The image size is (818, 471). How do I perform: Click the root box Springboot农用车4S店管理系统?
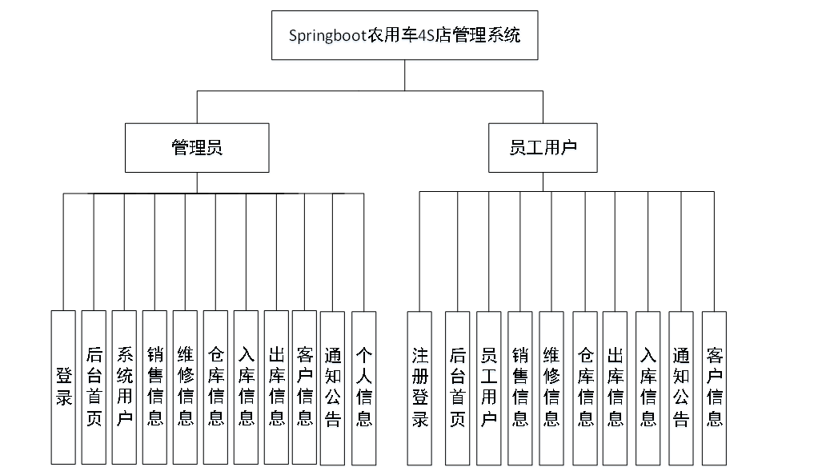[x=404, y=35]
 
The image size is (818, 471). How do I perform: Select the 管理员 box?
[x=197, y=147]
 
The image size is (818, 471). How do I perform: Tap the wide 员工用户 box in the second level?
[x=543, y=147]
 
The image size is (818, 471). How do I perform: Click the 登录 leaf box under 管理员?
[x=63, y=387]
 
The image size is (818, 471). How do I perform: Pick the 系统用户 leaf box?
[x=124, y=387]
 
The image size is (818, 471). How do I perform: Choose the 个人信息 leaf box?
[x=363, y=387]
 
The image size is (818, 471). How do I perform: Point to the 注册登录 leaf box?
[x=419, y=387]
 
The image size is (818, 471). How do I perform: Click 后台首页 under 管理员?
[x=94, y=387]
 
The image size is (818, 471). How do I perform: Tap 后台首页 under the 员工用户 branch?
[x=457, y=387]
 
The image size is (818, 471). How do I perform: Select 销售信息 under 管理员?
[x=154, y=387]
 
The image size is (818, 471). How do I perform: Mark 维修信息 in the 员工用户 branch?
[x=551, y=387]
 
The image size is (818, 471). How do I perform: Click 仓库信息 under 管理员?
[x=215, y=387]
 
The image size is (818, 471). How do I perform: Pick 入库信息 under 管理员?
[x=246, y=387]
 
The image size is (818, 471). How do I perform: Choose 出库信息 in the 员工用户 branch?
[x=615, y=387]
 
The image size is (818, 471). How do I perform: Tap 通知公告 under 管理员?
[x=333, y=387]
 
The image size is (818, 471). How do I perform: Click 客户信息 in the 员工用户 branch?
[x=714, y=387]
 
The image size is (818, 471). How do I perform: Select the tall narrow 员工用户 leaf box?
[x=488, y=387]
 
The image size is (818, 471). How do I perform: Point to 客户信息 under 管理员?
[x=304, y=387]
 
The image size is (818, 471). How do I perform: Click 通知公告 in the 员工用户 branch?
[x=680, y=387]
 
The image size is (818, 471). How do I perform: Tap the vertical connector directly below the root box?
[x=404, y=75]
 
